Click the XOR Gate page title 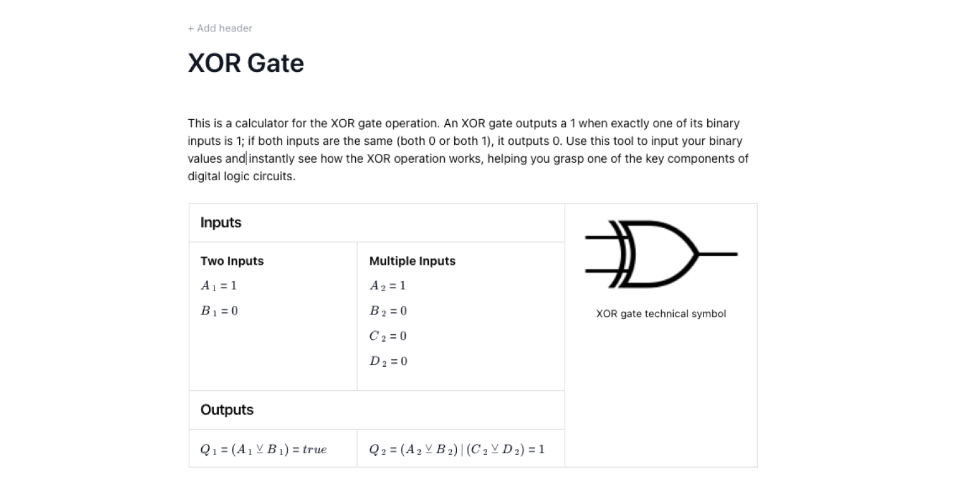(246, 63)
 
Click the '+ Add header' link (220, 28)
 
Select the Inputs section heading (221, 223)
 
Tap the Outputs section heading (227, 410)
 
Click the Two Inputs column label (232, 261)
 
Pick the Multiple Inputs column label (412, 261)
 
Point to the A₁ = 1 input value (219, 286)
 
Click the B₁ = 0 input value (219, 311)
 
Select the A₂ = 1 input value (387, 286)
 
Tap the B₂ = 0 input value (388, 311)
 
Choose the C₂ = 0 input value (388, 336)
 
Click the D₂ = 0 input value (388, 361)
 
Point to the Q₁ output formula (264, 449)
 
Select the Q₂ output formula (457, 449)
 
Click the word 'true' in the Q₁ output (314, 449)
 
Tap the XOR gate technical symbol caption (661, 314)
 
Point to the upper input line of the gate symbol (599, 238)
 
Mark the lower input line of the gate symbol (599, 271)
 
